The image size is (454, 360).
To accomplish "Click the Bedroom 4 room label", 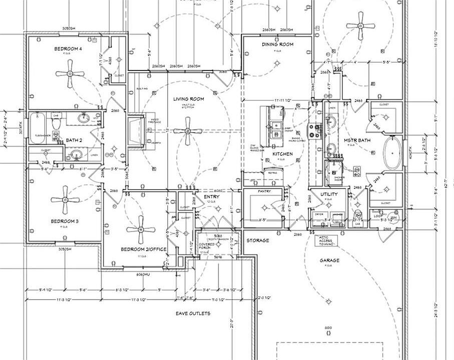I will [68, 48].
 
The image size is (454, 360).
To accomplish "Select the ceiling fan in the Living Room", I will [189, 131].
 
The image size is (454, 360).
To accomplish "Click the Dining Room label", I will [277, 44].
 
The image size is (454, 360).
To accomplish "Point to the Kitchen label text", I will [282, 153].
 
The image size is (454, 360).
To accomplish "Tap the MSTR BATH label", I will [357, 140].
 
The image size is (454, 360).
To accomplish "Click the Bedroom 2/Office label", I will [144, 249].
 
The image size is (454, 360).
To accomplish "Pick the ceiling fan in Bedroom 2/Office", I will [141, 230].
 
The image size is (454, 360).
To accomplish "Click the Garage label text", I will [329, 260].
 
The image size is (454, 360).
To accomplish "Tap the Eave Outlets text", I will [193, 313].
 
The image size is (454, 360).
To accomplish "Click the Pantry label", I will [264, 191].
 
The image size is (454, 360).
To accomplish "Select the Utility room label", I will [329, 194].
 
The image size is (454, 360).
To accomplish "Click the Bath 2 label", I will [74, 140].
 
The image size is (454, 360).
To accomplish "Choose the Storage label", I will [258, 240].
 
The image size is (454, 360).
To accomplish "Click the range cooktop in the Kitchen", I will [315, 131].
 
